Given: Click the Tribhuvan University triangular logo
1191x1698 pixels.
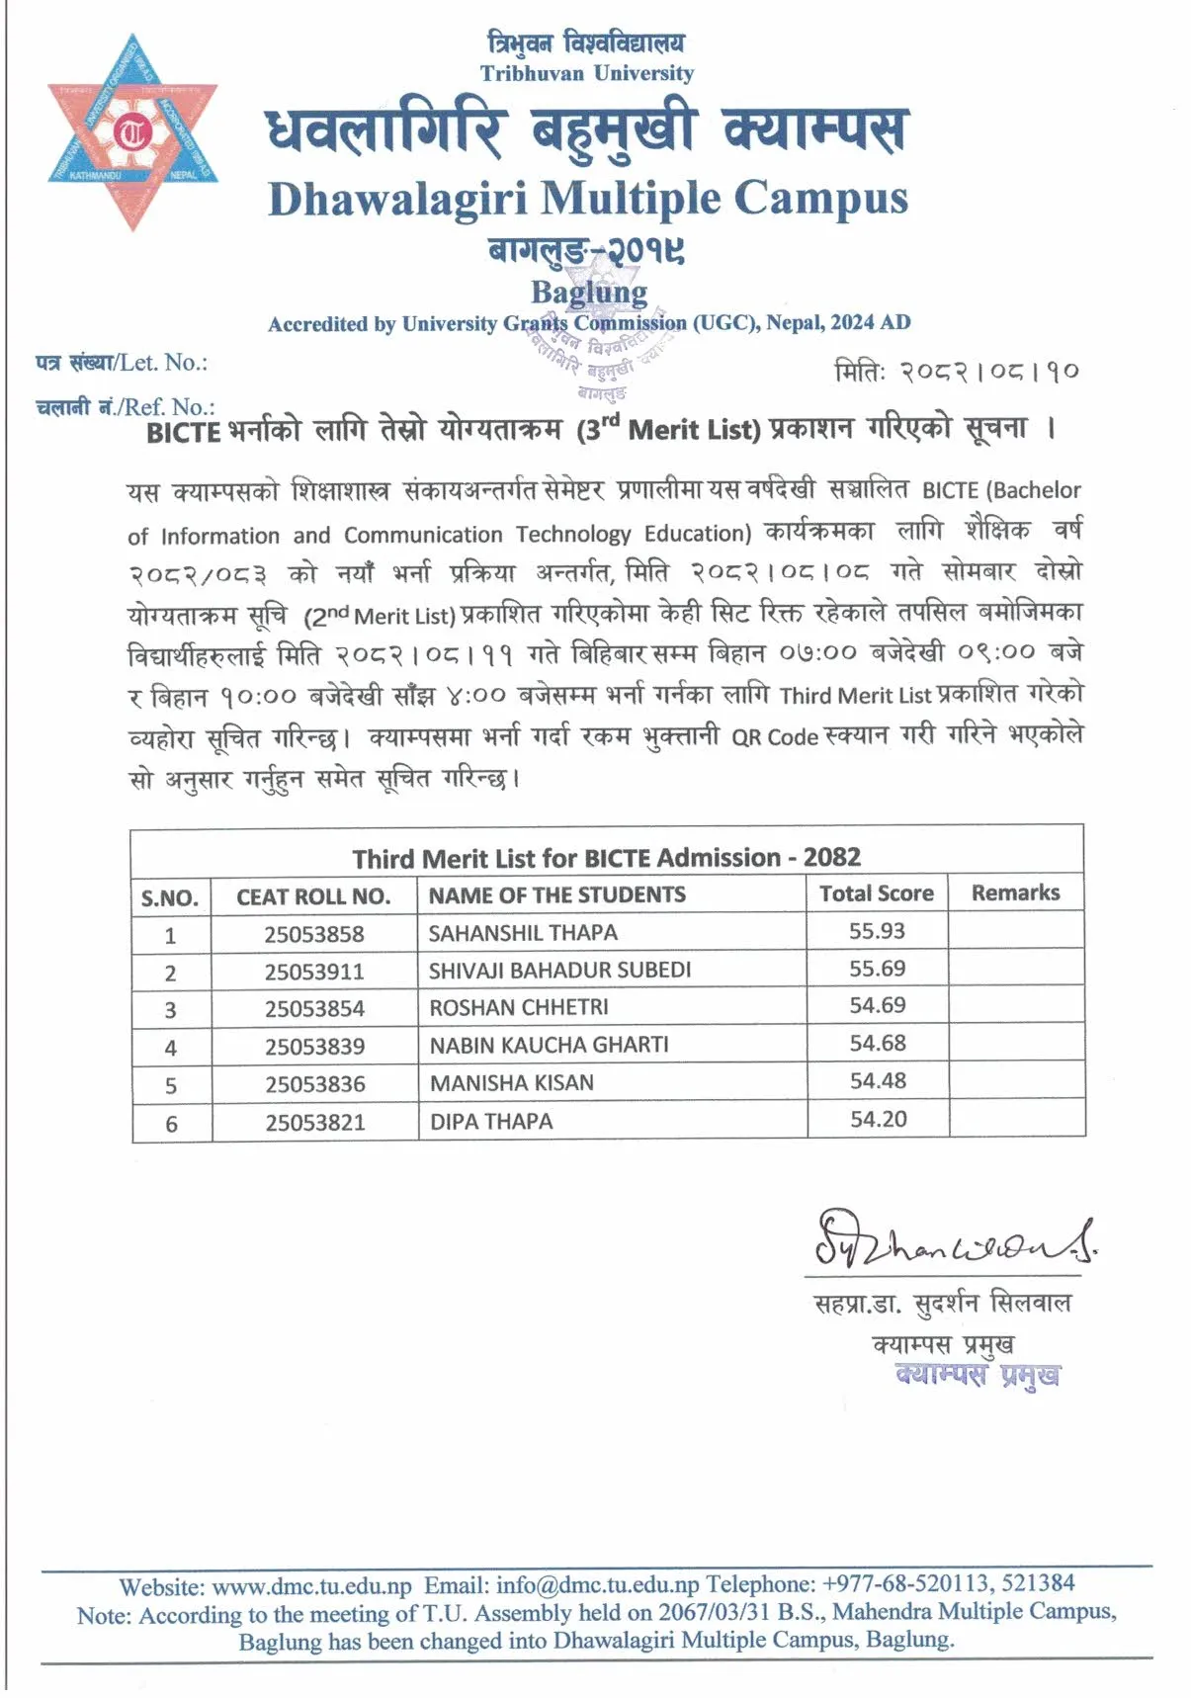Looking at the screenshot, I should click(132, 132).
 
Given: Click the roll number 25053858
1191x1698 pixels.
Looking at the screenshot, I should click(314, 934).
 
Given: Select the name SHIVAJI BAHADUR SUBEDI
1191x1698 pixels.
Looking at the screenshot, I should click(559, 971).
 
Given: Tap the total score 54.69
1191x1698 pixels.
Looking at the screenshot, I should click(878, 1006).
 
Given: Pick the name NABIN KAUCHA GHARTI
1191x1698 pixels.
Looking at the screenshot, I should click(549, 1045).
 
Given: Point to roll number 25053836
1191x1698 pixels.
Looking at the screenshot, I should click(315, 1084).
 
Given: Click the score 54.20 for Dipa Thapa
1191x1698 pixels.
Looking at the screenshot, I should click(878, 1120).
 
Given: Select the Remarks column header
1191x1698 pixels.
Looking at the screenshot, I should click(1015, 893).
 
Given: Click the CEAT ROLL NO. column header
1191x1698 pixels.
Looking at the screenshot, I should click(313, 897).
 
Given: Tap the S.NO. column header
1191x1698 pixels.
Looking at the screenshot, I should click(170, 898).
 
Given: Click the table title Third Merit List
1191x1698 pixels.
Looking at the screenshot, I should click(606, 858).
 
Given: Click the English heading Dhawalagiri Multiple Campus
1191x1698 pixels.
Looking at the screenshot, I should click(587, 199).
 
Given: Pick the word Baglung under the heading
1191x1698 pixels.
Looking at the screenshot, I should click(589, 293).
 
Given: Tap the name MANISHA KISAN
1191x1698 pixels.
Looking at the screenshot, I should click(512, 1083).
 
